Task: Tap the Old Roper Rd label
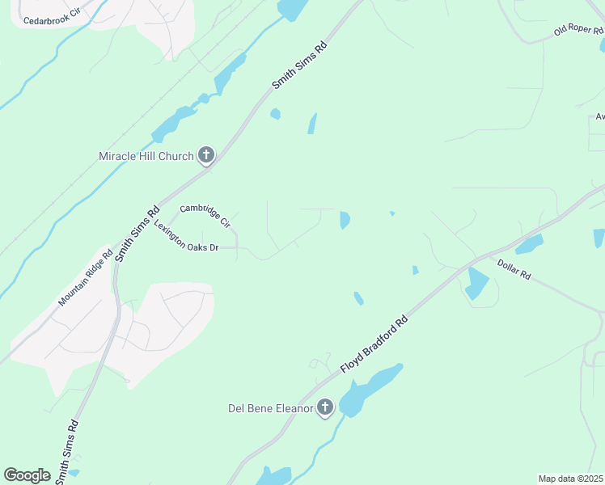click(x=578, y=30)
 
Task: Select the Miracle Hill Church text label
click(x=146, y=156)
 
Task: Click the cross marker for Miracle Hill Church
click(x=206, y=154)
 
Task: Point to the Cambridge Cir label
click(x=205, y=214)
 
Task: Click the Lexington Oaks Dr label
click(x=187, y=237)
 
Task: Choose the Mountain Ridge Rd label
click(x=85, y=278)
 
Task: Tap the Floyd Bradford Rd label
click(x=374, y=344)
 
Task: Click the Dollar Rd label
click(x=514, y=269)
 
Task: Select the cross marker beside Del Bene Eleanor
click(x=324, y=407)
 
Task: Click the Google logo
click(x=27, y=475)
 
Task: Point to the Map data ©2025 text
click(x=570, y=479)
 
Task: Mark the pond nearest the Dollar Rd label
click(x=476, y=283)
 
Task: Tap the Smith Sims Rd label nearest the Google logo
click(x=66, y=451)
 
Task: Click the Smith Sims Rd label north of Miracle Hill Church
click(x=298, y=66)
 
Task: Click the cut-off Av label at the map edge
click(x=599, y=116)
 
